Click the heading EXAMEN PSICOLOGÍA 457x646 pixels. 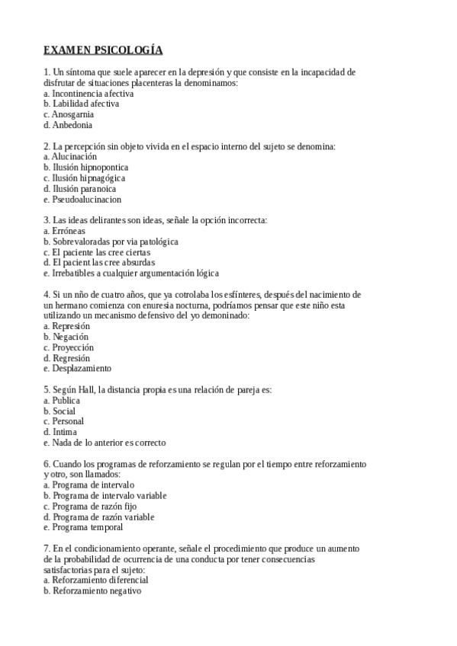[x=103, y=50]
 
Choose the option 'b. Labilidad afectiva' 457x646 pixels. [x=82, y=104]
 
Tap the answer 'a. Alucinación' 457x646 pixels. [x=70, y=156]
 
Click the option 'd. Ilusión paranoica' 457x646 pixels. [x=80, y=188]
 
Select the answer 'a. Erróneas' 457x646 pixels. [x=65, y=230]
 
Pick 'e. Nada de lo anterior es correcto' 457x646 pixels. [x=105, y=442]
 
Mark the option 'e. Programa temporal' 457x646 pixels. [x=83, y=526]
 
